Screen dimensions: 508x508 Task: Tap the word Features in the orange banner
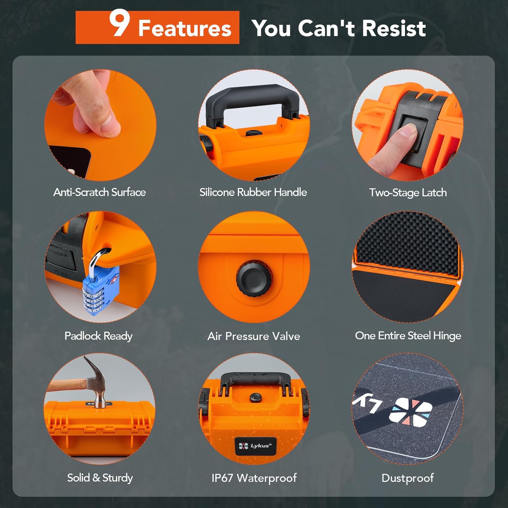click(185, 28)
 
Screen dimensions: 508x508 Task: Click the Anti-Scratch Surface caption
click(100, 192)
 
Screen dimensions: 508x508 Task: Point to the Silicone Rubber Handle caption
click(253, 192)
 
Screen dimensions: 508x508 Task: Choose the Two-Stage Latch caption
click(408, 193)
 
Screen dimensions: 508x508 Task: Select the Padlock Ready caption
click(99, 336)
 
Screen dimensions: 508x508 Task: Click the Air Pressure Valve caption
click(254, 336)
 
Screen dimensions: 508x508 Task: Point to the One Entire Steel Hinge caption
click(408, 336)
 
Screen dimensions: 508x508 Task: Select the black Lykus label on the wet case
click(255, 446)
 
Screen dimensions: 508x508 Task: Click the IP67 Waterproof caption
click(254, 478)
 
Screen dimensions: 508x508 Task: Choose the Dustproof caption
click(407, 478)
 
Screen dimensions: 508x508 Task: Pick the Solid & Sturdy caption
click(100, 478)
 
